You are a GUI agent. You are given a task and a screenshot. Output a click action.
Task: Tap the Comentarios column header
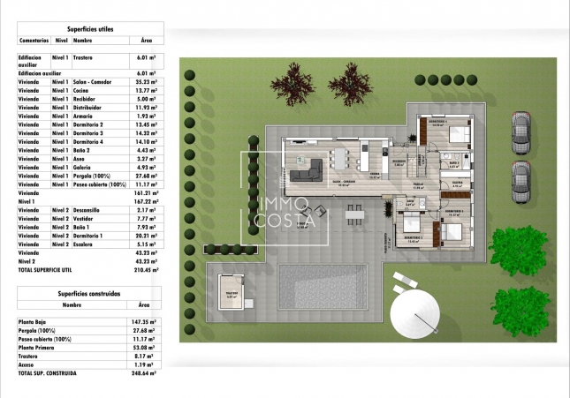(x=34, y=41)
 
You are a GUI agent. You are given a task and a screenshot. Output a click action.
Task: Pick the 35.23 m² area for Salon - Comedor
(x=147, y=80)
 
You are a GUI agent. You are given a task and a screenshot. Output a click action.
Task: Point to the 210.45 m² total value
(x=146, y=270)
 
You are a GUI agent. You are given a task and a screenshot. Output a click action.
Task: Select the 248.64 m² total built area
(x=146, y=373)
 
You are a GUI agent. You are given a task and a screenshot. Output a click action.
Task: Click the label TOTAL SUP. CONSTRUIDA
(x=46, y=373)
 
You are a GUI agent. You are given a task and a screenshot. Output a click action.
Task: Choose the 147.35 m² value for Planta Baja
(x=146, y=323)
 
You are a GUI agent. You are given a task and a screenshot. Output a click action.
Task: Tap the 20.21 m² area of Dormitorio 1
(x=147, y=236)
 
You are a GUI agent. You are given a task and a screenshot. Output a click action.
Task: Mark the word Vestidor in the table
(x=85, y=218)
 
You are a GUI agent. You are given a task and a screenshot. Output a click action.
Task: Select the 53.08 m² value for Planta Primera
(x=147, y=348)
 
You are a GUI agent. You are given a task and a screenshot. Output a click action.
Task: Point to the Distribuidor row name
(x=87, y=107)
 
